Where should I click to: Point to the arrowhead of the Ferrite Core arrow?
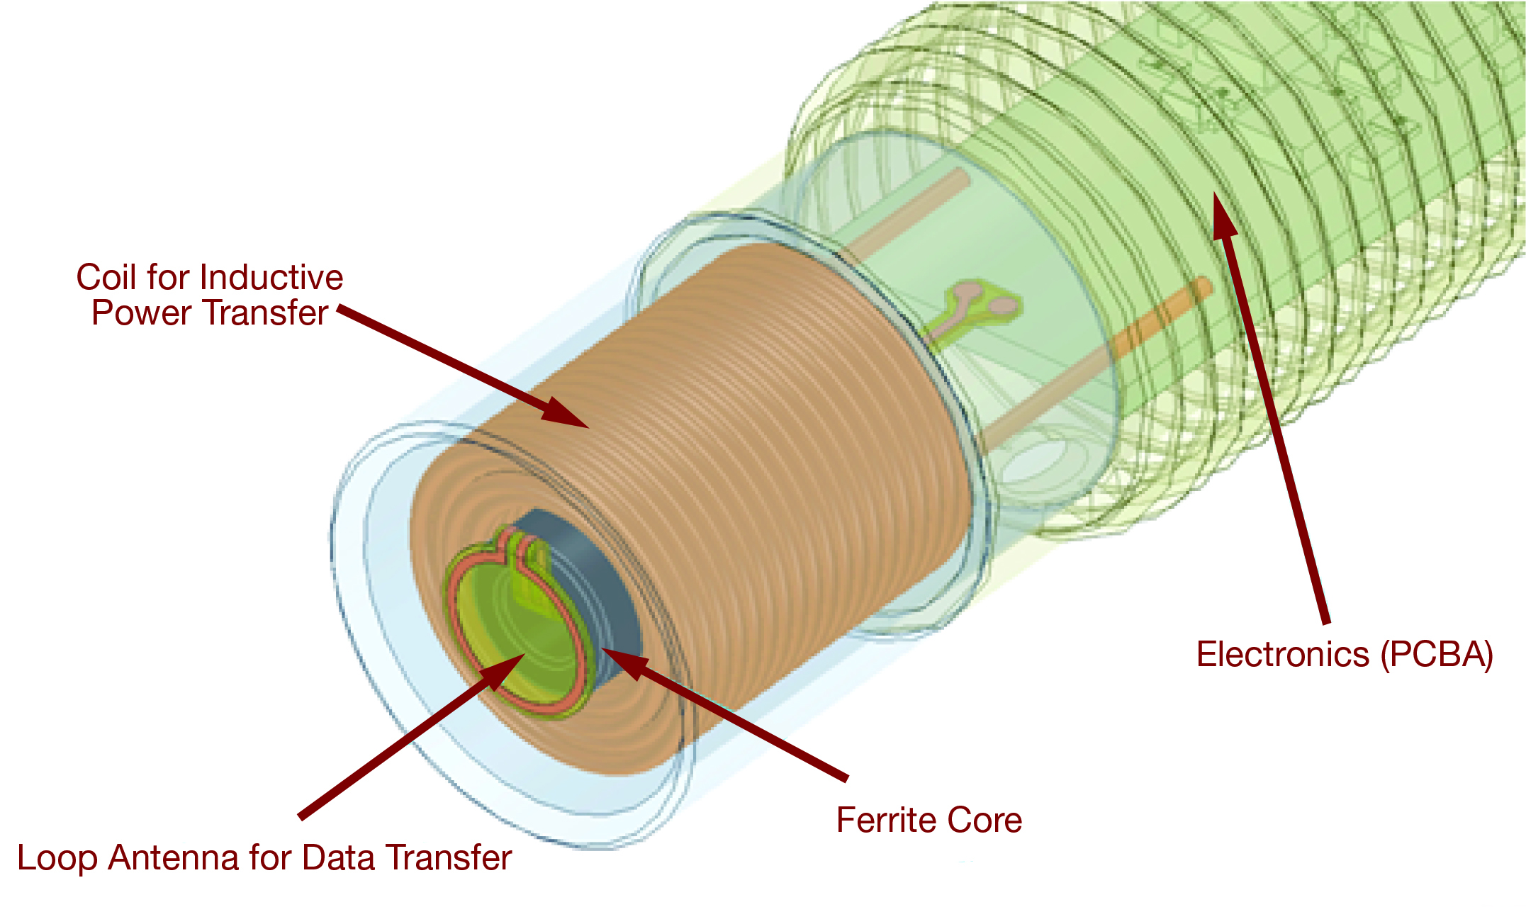click(x=624, y=660)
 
